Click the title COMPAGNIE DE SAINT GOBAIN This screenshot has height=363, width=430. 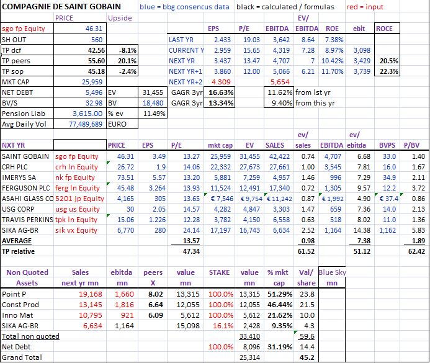[61, 7]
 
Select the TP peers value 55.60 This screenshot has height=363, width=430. [97, 61]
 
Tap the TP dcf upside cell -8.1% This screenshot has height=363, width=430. [128, 50]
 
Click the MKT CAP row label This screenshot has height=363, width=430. [16, 82]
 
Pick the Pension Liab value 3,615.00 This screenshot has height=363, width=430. [87, 114]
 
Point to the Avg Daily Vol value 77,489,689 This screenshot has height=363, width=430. [86, 124]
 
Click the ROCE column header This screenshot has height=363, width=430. [384, 29]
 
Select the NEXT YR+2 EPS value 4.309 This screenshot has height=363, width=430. [221, 82]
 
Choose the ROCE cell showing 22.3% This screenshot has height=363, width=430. [389, 71]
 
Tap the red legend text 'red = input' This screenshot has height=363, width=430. [365, 7]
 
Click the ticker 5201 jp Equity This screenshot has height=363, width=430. [79, 199]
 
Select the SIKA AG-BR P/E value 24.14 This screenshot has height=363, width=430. [191, 230]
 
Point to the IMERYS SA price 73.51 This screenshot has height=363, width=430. [125, 177]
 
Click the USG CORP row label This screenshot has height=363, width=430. [18, 209]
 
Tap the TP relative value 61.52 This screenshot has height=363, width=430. [306, 251]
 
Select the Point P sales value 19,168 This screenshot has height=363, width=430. [91, 294]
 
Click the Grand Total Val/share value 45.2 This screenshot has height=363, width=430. [307, 357]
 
